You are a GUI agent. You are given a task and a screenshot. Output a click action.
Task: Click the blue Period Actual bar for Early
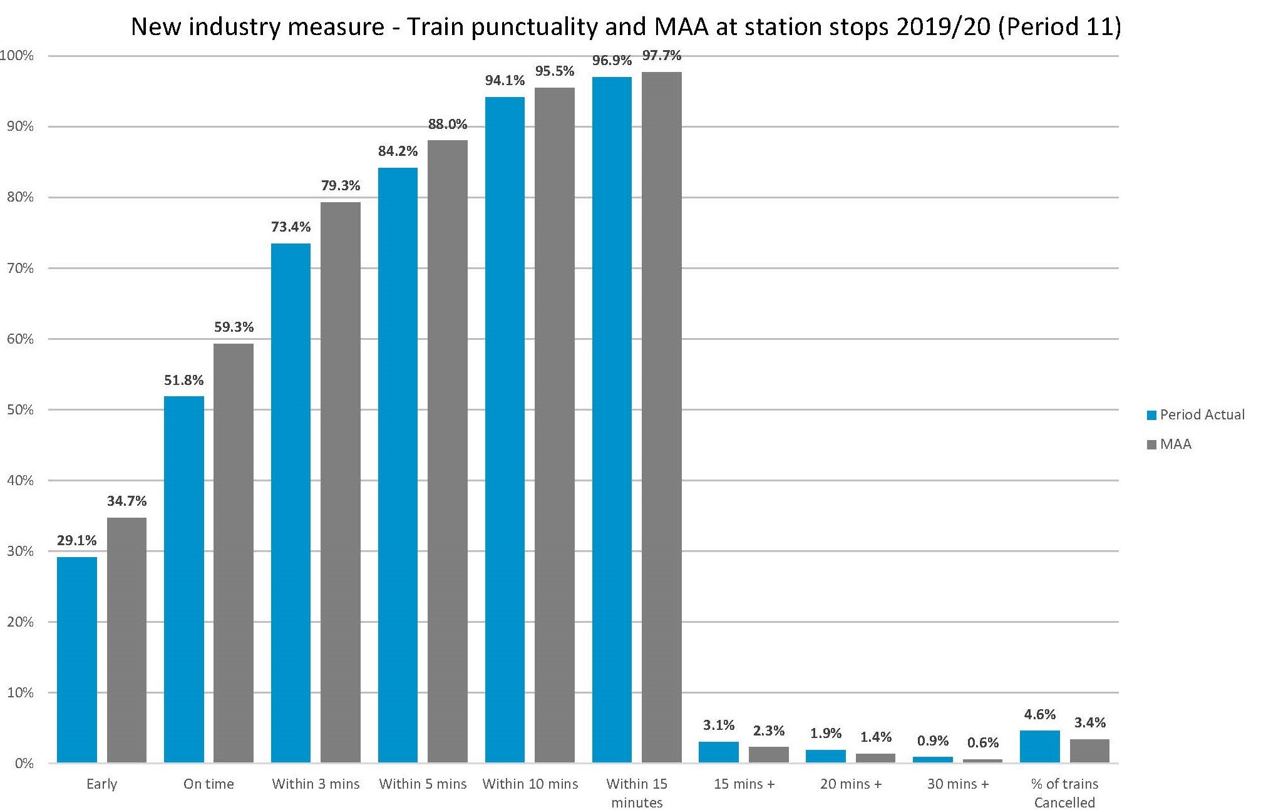tap(77, 660)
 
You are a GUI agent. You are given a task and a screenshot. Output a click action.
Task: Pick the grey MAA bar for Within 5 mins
tap(447, 451)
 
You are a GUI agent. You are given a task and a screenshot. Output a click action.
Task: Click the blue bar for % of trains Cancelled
tap(1039, 746)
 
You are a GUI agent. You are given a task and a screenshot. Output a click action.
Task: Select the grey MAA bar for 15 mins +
tap(768, 754)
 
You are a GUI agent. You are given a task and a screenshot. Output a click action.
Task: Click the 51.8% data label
tap(183, 381)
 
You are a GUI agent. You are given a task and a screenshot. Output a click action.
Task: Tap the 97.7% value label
tap(661, 56)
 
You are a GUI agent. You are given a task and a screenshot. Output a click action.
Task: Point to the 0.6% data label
tap(982, 743)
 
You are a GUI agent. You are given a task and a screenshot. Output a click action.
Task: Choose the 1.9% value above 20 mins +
tap(825, 734)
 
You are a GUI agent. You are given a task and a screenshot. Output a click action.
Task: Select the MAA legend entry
tap(1175, 444)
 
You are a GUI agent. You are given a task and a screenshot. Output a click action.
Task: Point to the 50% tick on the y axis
tap(21, 410)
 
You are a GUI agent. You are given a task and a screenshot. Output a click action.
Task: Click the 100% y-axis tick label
tap(18, 56)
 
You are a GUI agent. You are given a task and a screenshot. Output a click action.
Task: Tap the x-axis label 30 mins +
tap(957, 784)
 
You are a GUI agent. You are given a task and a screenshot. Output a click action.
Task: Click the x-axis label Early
tap(101, 784)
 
